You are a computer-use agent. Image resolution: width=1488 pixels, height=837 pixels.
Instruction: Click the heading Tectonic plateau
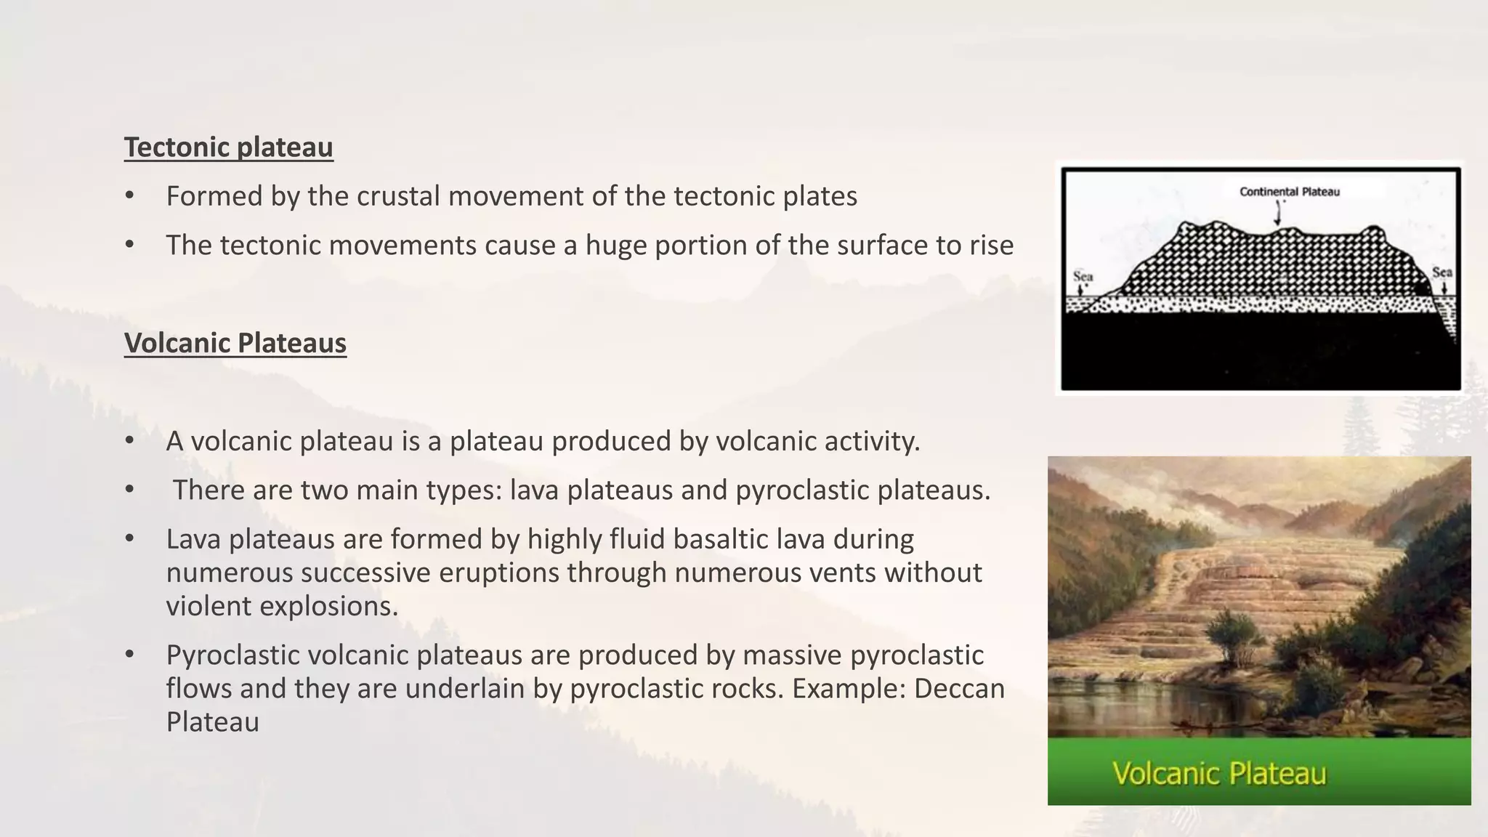tap(228, 147)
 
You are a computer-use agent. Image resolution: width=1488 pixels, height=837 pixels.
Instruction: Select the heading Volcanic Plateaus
tap(235, 343)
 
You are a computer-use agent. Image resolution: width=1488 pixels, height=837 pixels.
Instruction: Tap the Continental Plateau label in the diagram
tap(1289, 192)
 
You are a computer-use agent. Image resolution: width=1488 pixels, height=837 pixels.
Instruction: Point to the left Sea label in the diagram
tap(1083, 277)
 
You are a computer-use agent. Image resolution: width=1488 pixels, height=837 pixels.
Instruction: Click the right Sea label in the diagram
tap(1441, 272)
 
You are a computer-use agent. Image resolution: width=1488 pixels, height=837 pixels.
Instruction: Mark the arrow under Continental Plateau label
tap(1278, 213)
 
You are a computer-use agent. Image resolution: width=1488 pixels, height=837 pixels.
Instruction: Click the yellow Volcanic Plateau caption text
tap(1219, 773)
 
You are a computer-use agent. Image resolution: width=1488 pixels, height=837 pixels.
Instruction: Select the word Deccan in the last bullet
tap(959, 688)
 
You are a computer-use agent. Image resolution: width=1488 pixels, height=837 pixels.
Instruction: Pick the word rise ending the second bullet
tap(991, 246)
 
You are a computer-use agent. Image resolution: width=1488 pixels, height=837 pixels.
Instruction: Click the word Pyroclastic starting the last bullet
tap(232, 655)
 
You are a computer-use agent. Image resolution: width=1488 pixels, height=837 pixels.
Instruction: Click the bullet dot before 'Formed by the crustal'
tap(129, 196)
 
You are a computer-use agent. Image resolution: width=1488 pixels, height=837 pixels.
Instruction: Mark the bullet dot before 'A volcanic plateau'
tap(129, 441)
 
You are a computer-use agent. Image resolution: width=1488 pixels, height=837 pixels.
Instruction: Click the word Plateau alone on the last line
tap(212, 721)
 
